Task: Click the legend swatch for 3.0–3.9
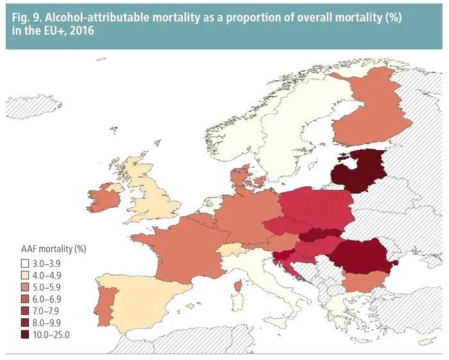click(x=23, y=263)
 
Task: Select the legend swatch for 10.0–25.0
click(x=23, y=334)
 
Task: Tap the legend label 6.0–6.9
click(x=46, y=299)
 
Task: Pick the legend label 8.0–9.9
click(x=46, y=323)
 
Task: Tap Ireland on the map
click(x=104, y=201)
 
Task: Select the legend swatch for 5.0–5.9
click(x=23, y=287)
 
